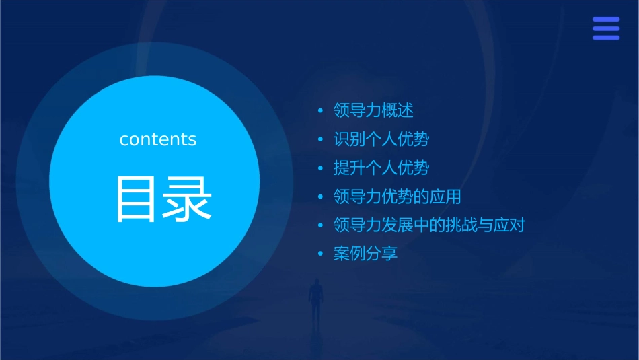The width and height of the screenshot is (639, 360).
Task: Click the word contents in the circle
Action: [158, 139]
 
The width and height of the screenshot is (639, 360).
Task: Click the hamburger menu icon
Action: [606, 28]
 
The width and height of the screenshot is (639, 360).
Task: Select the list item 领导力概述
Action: [373, 110]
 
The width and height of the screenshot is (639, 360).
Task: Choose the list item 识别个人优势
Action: [381, 139]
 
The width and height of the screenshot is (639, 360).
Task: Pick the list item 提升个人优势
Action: [381, 168]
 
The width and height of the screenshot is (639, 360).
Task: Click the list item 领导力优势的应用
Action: [398, 196]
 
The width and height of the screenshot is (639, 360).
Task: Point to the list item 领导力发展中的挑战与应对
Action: [429, 225]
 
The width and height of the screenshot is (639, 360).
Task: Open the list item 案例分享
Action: [365, 254]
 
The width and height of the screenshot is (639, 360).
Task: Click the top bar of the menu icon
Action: [606, 20]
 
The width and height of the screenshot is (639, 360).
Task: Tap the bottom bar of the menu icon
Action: [606, 38]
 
